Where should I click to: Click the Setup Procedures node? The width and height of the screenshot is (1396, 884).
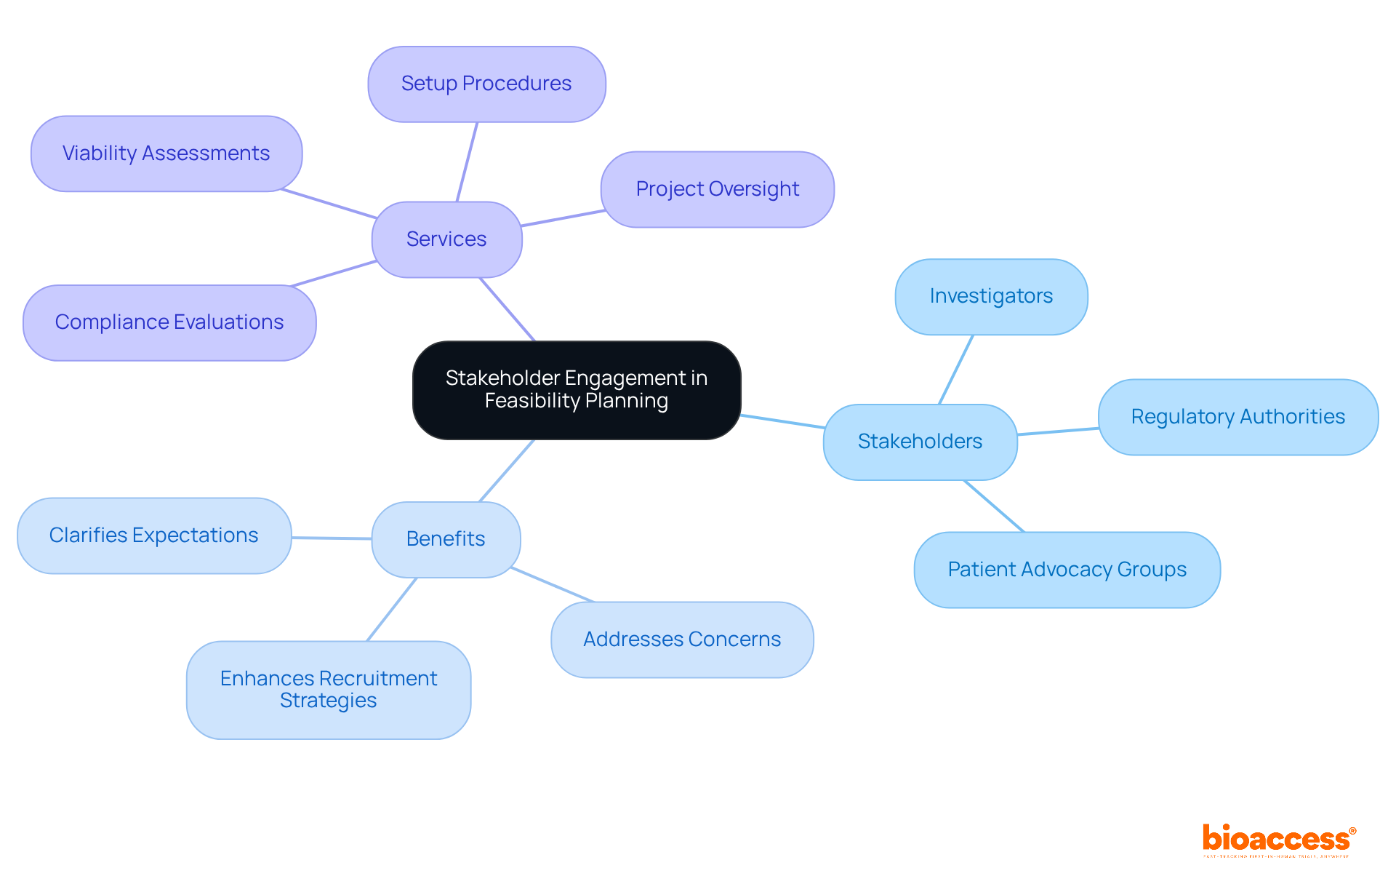click(x=486, y=84)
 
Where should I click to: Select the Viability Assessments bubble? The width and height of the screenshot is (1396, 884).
click(x=167, y=154)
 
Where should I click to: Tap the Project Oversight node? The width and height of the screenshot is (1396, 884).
click(x=717, y=189)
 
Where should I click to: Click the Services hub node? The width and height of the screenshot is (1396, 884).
click(x=446, y=239)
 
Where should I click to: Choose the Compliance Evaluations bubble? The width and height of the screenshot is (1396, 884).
click(x=169, y=322)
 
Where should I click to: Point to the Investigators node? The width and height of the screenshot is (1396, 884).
click(x=991, y=297)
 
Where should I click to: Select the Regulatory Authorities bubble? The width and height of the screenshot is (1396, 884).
click(x=1237, y=417)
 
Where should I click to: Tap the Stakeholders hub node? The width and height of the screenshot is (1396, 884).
click(x=920, y=442)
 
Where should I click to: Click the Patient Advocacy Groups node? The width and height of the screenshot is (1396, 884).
click(x=1067, y=570)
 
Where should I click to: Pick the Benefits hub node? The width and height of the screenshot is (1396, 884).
click(x=446, y=539)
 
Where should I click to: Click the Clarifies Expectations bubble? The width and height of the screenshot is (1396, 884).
click(x=154, y=535)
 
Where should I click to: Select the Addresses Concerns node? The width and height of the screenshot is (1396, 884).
click(x=682, y=640)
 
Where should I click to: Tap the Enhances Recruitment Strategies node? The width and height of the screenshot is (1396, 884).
click(x=329, y=690)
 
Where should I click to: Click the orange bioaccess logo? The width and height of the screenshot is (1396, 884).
click(x=1277, y=840)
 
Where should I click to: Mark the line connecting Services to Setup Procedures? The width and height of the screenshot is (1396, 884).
click(x=467, y=162)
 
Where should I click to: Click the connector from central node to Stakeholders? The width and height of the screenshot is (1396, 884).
click(x=782, y=421)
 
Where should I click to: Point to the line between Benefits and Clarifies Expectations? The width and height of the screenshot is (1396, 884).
click(x=332, y=538)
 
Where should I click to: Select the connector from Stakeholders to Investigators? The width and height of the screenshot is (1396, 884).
click(x=956, y=370)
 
